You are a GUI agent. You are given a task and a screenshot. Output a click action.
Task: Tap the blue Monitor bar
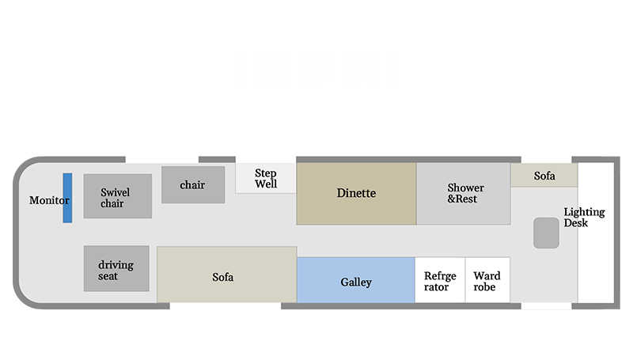(x=68, y=198)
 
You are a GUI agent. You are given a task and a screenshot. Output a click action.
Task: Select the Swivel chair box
(x=117, y=196)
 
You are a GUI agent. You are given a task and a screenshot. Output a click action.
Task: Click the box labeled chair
(x=192, y=184)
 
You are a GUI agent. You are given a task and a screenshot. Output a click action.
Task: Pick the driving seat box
(x=116, y=269)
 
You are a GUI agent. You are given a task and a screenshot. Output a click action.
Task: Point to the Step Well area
(x=266, y=178)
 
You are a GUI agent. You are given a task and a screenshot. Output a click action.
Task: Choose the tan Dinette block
(x=356, y=194)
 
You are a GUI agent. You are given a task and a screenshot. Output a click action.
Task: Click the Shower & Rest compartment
(x=464, y=194)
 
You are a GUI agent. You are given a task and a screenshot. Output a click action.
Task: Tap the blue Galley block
(x=356, y=280)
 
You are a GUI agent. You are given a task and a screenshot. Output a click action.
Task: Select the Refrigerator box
(x=440, y=280)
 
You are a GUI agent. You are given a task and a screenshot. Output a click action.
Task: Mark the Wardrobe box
(x=487, y=280)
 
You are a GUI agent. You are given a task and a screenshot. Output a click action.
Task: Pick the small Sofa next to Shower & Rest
(x=544, y=176)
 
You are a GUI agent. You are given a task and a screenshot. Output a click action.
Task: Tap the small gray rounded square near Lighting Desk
(x=546, y=233)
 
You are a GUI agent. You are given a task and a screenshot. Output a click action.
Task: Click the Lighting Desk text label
(x=584, y=218)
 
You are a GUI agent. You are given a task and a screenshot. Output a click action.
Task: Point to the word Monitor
(x=49, y=200)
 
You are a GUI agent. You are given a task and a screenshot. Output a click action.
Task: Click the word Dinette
(x=356, y=193)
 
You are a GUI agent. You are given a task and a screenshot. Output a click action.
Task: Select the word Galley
(x=356, y=282)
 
